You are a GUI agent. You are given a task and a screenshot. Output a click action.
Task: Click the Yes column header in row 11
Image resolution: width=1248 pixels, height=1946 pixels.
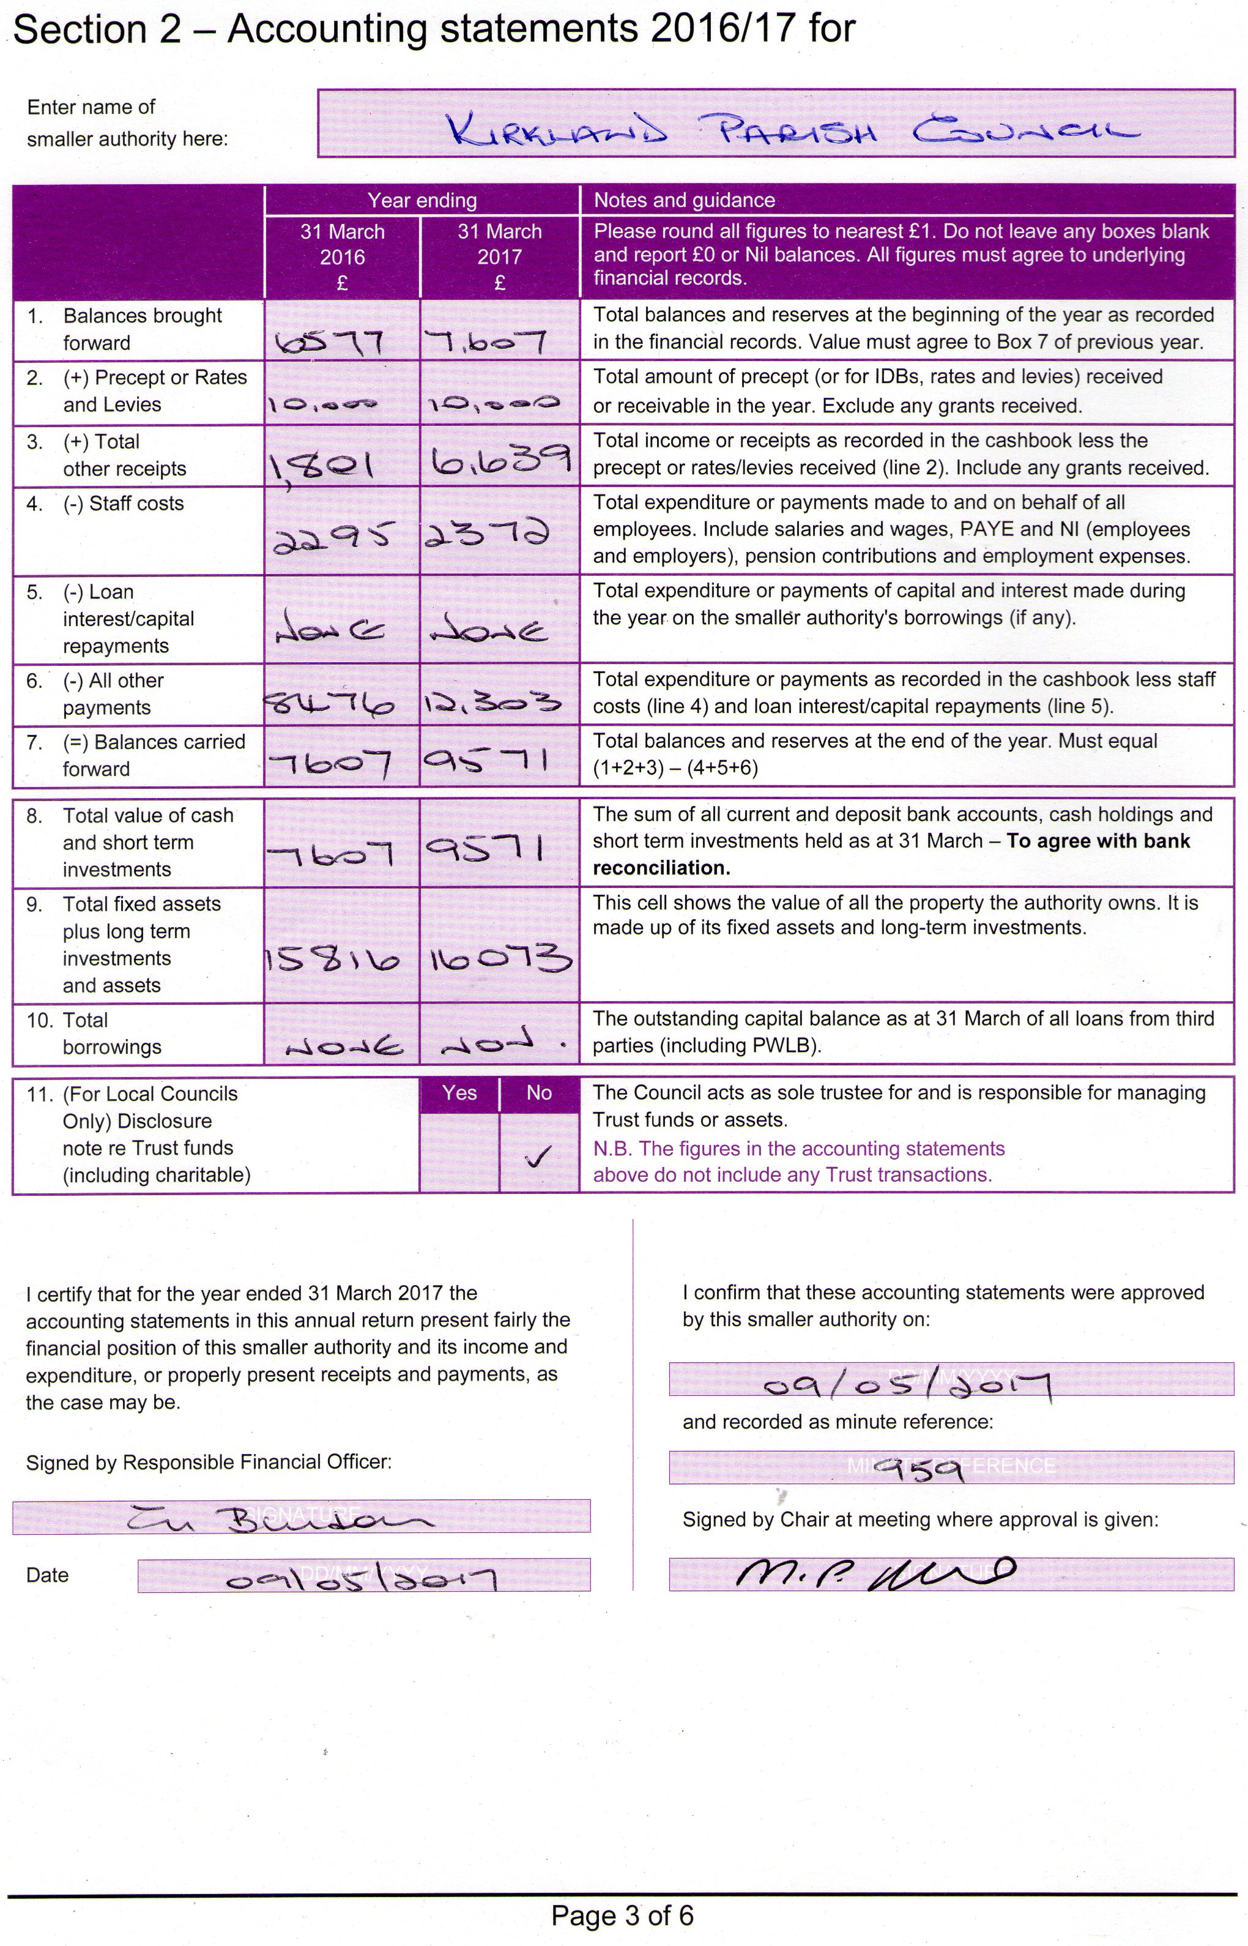(x=459, y=1092)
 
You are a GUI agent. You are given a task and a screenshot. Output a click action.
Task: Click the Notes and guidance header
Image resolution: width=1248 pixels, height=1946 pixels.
(x=684, y=200)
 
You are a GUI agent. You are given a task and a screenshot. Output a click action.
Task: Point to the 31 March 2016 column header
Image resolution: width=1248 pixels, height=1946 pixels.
(x=342, y=256)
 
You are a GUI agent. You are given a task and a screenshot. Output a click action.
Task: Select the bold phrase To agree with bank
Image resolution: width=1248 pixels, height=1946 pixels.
(x=1098, y=841)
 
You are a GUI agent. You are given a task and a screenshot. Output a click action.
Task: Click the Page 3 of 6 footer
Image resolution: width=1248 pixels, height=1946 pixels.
(x=622, y=1916)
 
